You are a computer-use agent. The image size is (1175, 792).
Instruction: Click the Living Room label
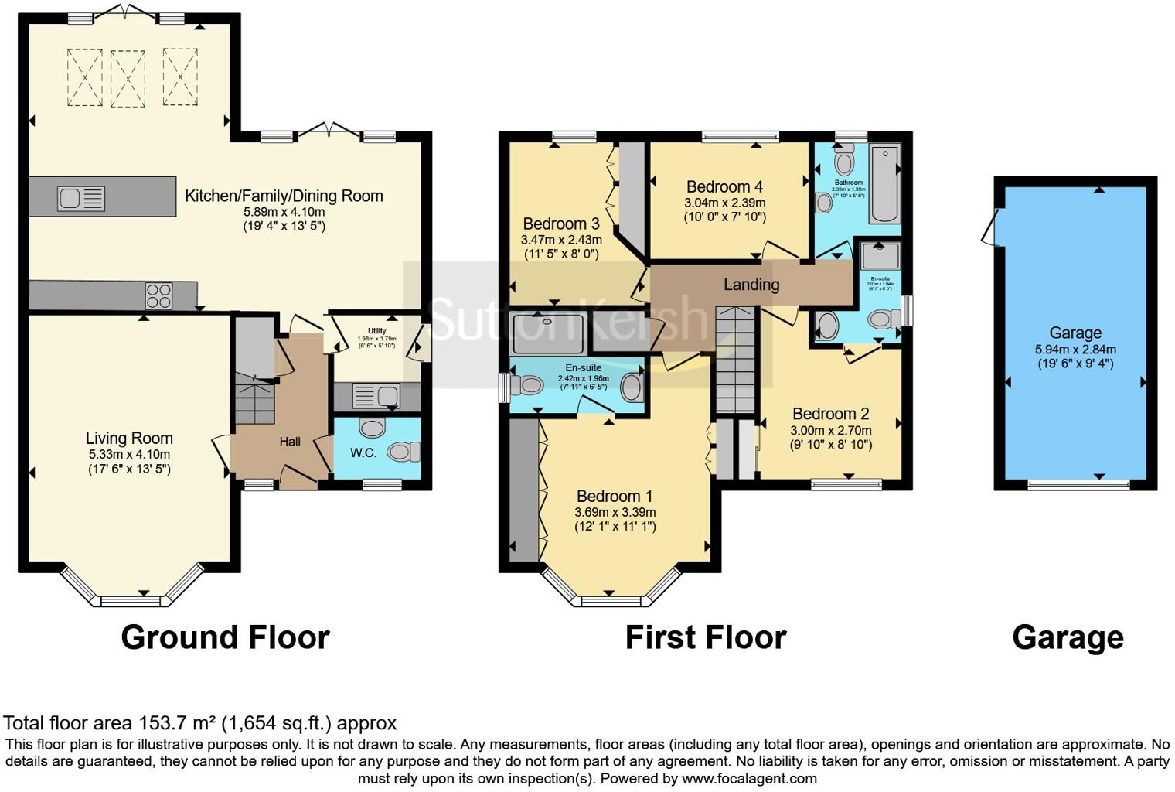129,439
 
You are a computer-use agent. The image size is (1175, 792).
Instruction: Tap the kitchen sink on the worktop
80,199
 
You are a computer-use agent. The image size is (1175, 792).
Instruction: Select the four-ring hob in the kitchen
159,295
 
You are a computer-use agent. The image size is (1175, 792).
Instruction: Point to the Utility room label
376,331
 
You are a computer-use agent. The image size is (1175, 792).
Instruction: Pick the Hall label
290,442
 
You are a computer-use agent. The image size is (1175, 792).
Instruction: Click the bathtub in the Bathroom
884,183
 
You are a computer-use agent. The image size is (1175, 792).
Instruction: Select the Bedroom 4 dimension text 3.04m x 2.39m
724,203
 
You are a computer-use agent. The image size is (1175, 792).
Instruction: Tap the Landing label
751,285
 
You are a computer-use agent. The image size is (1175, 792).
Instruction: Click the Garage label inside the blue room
1075,333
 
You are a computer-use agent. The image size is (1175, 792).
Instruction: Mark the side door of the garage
989,227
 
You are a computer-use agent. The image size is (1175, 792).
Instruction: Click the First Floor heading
705,637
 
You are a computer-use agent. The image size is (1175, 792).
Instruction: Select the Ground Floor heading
225,637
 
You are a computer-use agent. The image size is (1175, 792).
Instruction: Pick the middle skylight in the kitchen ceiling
128,78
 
